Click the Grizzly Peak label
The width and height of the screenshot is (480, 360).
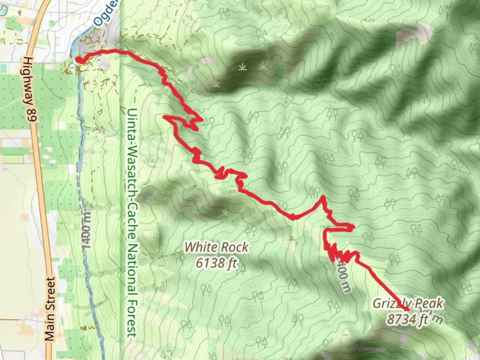coord(408,303)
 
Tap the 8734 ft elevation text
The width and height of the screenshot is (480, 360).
coord(407,319)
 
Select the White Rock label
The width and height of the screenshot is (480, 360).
coord(216,247)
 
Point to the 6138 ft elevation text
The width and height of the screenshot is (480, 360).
coord(216,263)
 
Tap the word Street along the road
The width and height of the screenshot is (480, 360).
coord(50,293)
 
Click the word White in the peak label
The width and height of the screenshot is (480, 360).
coord(199,247)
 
